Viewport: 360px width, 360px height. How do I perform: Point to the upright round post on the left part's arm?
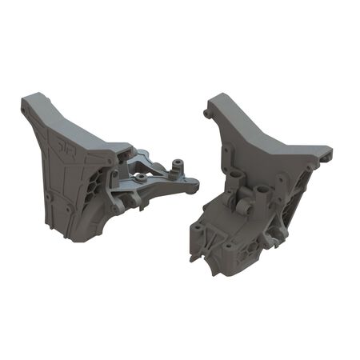pyautogui.click(x=171, y=168)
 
